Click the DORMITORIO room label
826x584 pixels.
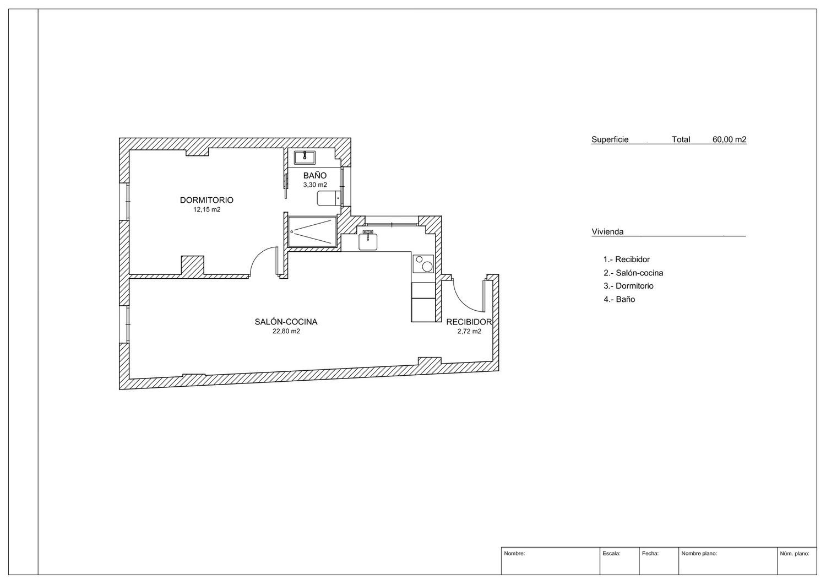coord(206,200)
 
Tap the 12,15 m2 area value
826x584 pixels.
coord(207,209)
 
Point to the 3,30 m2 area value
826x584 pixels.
coord(315,185)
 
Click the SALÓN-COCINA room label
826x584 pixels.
coord(286,322)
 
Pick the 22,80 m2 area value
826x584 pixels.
coord(286,331)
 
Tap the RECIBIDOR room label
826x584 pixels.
coord(469,322)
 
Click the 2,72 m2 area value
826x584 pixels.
coord(469,331)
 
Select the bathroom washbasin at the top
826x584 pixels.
coord(305,157)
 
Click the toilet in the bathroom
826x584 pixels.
coord(328,198)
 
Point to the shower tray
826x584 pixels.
coord(312,232)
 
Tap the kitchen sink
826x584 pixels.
coord(368,241)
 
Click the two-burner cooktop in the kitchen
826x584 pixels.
coord(423,264)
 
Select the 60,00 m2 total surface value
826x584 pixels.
coord(730,139)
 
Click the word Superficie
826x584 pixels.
coord(610,139)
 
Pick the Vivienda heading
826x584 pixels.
coord(607,232)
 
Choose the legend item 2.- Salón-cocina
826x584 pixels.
coord(633,273)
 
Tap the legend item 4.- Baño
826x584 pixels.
coord(619,299)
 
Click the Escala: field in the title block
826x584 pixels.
coord(611,553)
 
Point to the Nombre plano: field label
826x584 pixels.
coord(699,553)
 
